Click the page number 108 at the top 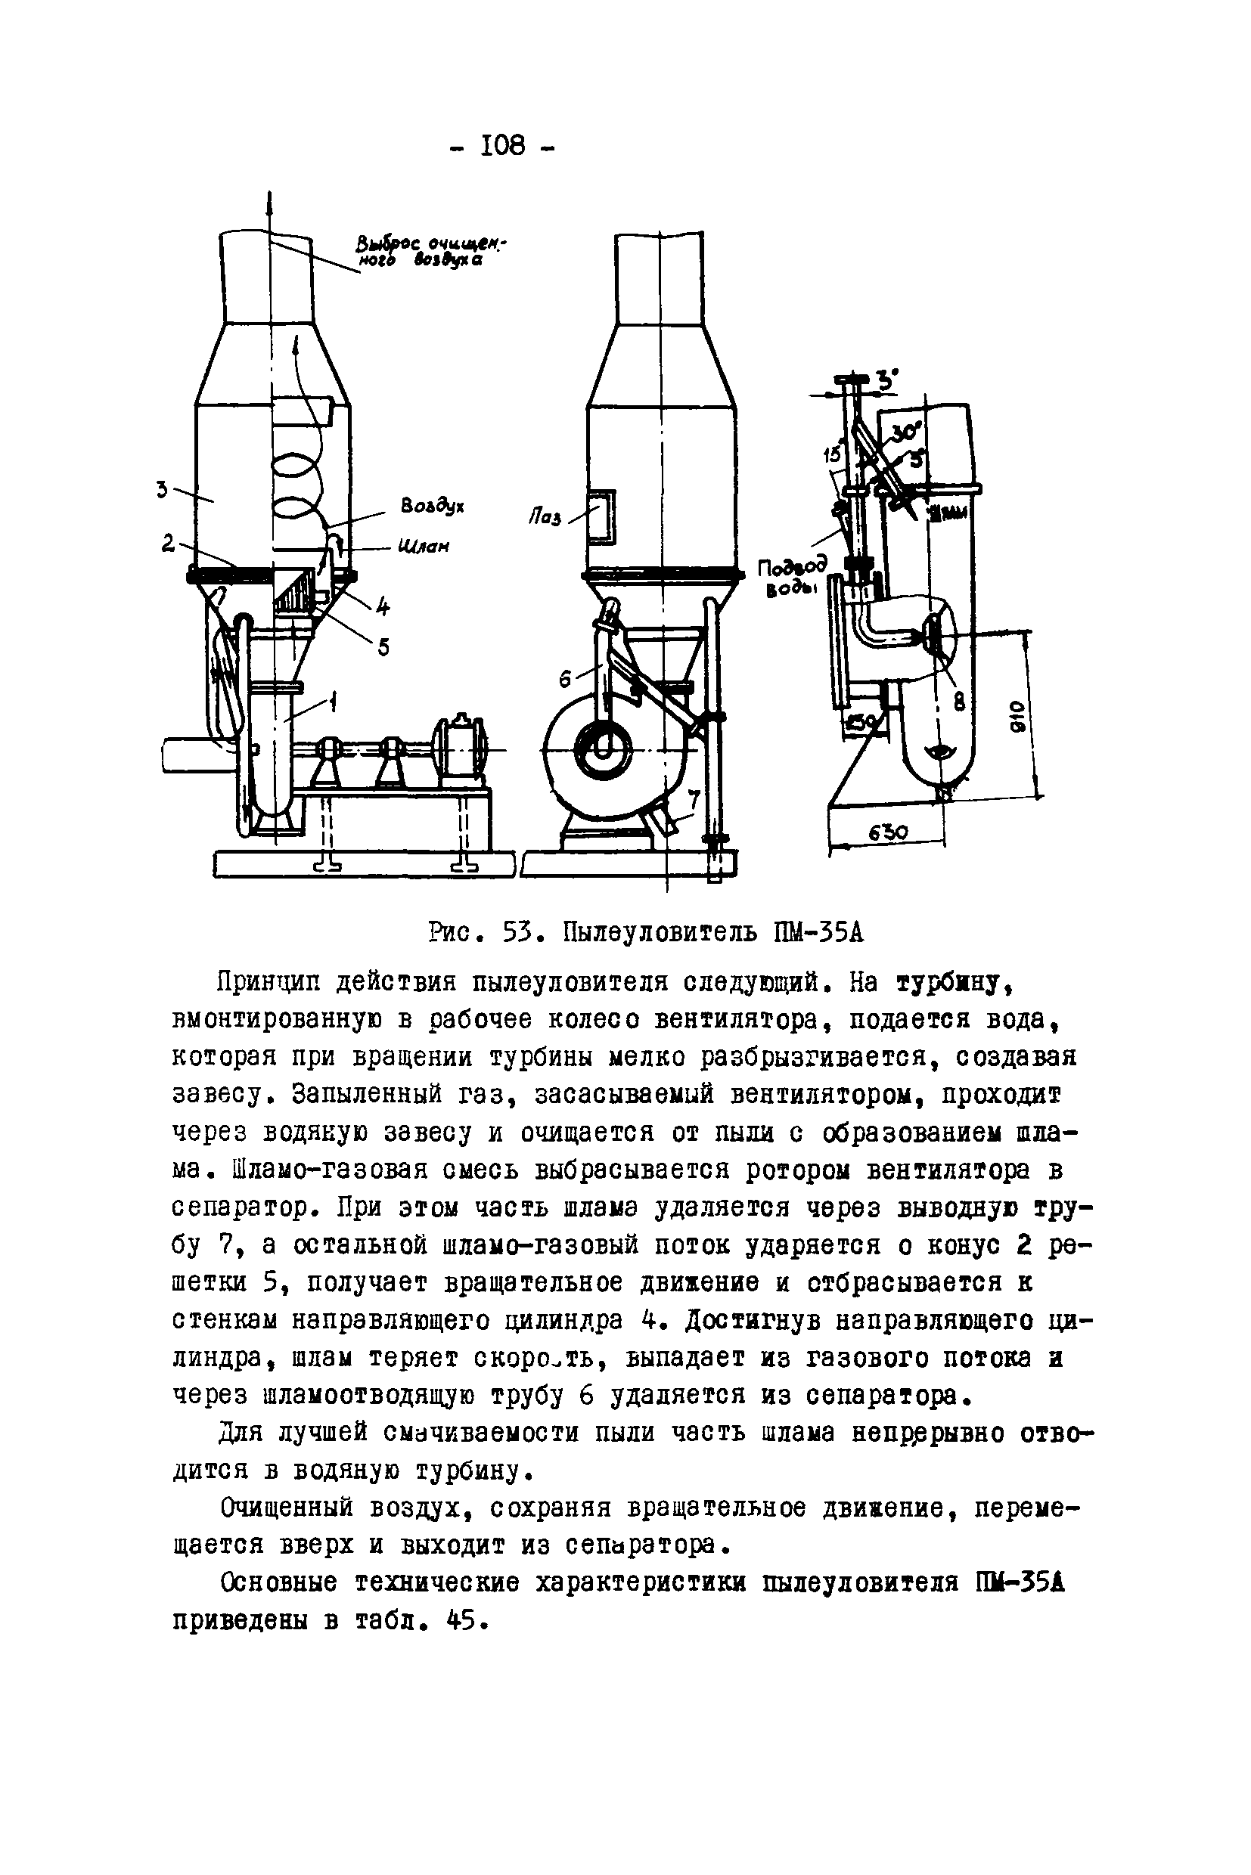(x=504, y=146)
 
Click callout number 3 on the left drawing (x=162, y=488)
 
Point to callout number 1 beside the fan (x=332, y=702)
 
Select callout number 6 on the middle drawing (x=566, y=679)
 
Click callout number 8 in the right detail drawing (x=959, y=702)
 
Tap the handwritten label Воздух (x=433, y=506)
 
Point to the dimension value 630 (x=887, y=832)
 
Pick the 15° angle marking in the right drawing (x=832, y=454)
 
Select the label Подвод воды (x=790, y=578)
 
